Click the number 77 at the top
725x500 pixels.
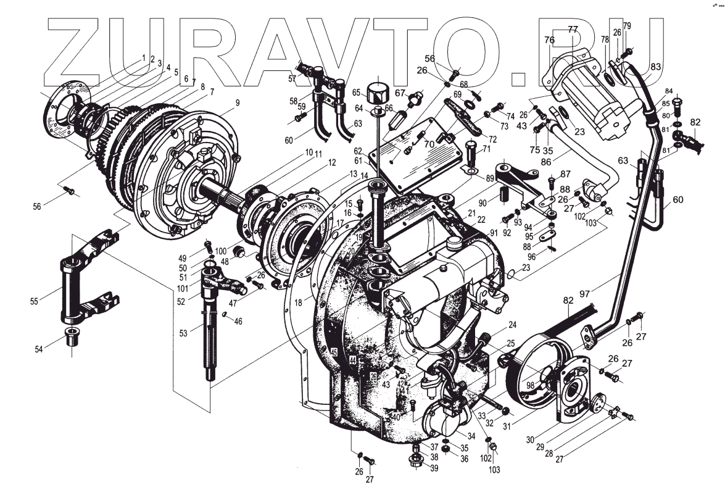[573, 29]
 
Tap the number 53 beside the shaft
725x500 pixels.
[183, 333]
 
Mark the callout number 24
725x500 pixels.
[512, 324]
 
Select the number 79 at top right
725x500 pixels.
[627, 25]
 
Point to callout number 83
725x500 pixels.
[655, 66]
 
